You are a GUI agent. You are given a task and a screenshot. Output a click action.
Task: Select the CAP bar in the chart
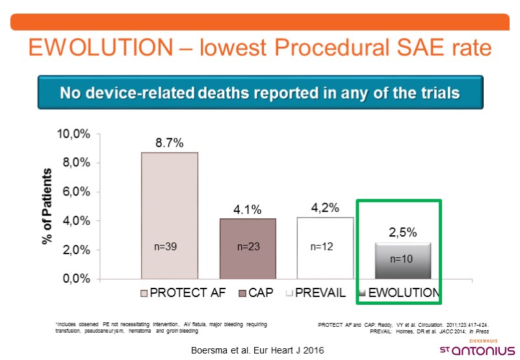click(247, 249)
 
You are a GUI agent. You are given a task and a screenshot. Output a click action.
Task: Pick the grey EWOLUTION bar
click(402, 261)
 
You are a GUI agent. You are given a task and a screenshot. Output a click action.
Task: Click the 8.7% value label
click(170, 143)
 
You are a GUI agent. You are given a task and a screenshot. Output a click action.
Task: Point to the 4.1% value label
click(247, 209)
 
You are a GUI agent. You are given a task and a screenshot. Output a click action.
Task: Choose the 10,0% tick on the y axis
click(76, 134)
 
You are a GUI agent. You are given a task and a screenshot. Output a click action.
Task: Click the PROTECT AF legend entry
click(183, 292)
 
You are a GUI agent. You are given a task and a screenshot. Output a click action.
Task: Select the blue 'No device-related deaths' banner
click(259, 92)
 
